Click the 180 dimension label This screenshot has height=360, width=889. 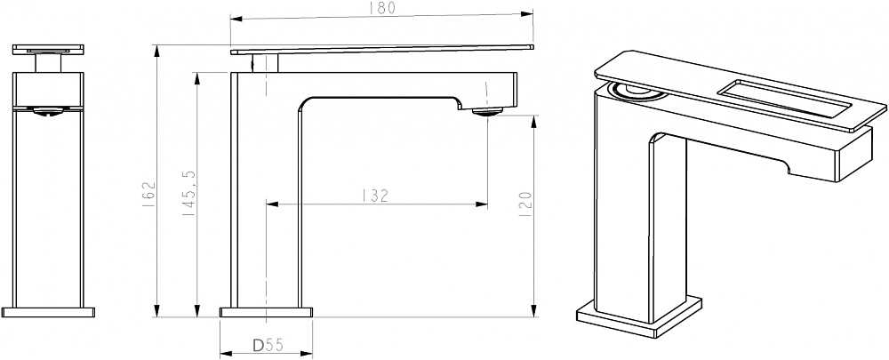coord(382,8)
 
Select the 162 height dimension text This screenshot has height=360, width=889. coord(148,195)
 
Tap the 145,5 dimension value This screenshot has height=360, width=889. coord(189,193)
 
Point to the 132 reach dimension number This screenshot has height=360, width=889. coord(375,196)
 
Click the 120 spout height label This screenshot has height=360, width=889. coord(525,204)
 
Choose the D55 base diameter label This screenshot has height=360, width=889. coord(268,344)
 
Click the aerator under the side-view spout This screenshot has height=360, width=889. coord(487,112)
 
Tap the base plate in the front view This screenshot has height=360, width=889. coord(48,312)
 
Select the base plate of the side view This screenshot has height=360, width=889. coord(267,312)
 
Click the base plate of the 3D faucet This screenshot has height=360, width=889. coord(639,316)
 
